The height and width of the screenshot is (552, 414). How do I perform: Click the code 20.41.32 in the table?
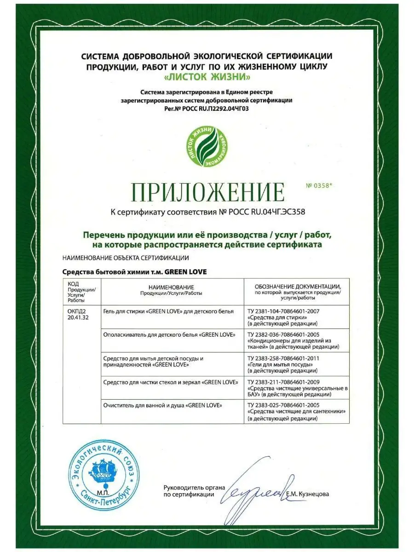[x=77, y=317]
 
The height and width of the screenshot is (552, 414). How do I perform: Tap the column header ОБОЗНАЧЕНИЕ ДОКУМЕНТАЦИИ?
[x=299, y=286]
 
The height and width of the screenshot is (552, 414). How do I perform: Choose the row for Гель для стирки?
[x=169, y=311]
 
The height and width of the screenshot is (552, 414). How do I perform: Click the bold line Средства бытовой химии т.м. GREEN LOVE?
[x=134, y=272]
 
